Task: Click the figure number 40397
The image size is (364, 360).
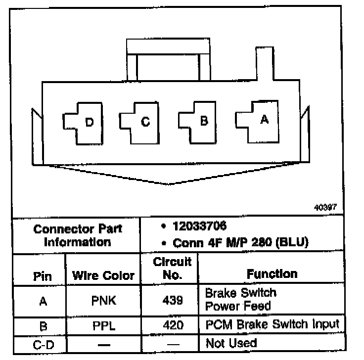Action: (324, 208)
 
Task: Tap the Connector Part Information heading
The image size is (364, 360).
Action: (77, 235)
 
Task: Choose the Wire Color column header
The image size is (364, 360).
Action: (103, 276)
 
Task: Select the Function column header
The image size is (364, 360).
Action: (272, 274)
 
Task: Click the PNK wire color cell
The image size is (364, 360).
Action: (104, 300)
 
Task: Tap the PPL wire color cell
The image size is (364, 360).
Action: (104, 325)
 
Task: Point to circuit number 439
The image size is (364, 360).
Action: (173, 300)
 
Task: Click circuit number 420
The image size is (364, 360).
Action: (173, 325)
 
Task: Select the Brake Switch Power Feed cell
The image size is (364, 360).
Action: (241, 299)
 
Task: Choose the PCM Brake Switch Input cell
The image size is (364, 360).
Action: (272, 325)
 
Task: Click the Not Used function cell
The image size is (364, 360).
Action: (231, 343)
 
